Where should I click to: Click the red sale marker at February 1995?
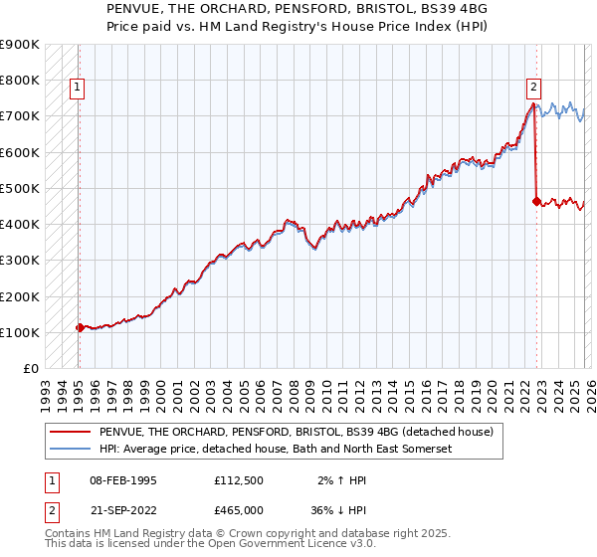[x=80, y=326]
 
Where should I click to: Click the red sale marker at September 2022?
[x=536, y=201]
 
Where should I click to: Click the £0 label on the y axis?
[x=30, y=368]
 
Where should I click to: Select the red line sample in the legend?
[x=71, y=433]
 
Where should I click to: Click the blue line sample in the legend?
[x=71, y=451]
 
